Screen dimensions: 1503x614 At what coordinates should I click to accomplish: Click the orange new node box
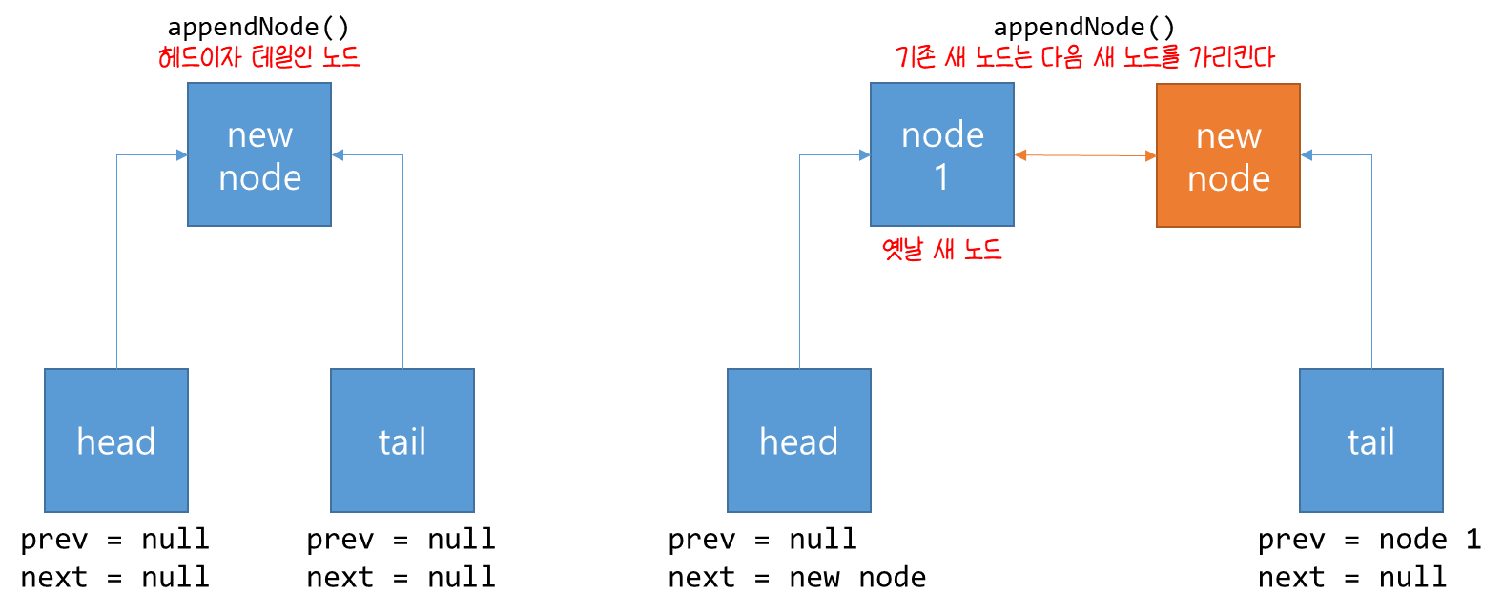pos(1228,155)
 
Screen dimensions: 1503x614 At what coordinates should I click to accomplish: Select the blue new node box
pos(259,154)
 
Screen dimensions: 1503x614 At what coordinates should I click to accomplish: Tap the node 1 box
pos(942,154)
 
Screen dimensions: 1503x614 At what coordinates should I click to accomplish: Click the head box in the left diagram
pos(116,440)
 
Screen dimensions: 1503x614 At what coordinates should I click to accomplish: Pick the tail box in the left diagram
pos(402,440)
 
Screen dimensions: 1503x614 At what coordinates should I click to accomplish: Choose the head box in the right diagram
pos(799,440)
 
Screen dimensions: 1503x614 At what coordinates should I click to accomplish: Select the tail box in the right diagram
pos(1371,440)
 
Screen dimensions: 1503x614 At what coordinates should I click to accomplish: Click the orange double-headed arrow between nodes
pos(1085,155)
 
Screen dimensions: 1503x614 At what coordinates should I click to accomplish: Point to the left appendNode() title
pos(258,28)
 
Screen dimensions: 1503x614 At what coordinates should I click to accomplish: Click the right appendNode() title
pos(1084,28)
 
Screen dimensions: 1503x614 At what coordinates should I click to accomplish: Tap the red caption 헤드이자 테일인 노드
pos(259,57)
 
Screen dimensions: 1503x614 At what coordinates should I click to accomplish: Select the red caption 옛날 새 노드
pos(942,250)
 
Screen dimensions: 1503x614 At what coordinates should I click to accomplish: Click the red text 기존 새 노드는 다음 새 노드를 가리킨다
pos(1085,57)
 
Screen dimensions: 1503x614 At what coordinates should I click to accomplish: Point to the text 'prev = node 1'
pos(1369,540)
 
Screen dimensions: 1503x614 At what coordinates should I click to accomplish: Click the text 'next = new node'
pos(797,577)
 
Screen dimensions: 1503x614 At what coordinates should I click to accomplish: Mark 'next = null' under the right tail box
pos(1352,577)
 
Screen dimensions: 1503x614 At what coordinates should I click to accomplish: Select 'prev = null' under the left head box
pos(114,540)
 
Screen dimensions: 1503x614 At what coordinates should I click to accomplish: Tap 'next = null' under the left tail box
pos(401,577)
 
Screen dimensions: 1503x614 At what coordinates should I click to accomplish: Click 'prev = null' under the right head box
pos(763,540)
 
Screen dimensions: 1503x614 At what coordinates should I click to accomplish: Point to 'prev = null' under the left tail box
pos(401,540)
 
